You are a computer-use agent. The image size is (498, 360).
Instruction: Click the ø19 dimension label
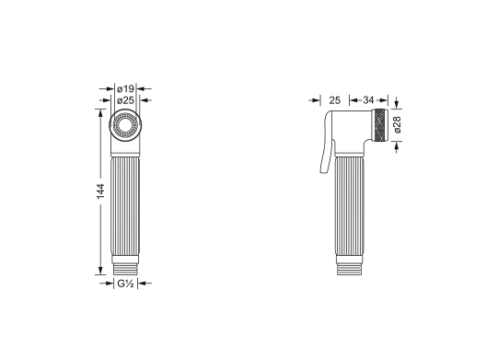tap(125, 88)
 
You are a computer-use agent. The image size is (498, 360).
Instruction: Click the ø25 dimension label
tap(125, 100)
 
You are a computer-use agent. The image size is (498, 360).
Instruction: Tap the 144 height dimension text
tap(100, 192)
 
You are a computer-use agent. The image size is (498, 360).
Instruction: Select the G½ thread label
tap(125, 283)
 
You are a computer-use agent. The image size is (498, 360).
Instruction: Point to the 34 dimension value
tap(368, 100)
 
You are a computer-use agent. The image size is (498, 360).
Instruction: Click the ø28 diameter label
tap(398, 124)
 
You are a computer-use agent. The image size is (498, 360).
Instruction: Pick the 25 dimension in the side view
tap(334, 100)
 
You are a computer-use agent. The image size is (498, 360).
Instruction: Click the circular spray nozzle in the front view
tap(125, 125)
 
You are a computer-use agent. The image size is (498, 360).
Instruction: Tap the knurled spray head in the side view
tap(380, 126)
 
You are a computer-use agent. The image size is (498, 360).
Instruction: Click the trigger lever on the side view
tap(327, 143)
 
